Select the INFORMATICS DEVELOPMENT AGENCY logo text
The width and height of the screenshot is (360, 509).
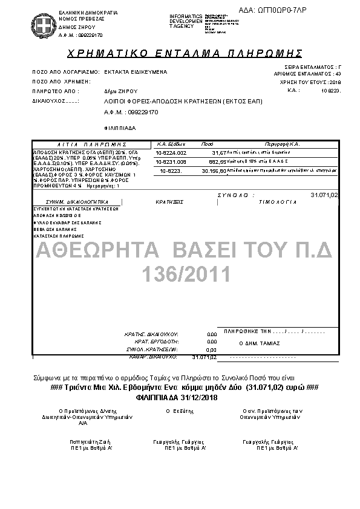(189, 21)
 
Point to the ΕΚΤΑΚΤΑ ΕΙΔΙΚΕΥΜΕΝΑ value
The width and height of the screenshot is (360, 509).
(136, 71)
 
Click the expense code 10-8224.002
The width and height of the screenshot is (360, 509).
(171, 154)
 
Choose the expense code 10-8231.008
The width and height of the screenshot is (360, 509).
(171, 162)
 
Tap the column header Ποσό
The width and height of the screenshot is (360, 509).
(207, 144)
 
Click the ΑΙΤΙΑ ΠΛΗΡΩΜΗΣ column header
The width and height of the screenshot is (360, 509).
(85, 144)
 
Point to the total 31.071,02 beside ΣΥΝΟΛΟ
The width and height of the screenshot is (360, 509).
(324, 195)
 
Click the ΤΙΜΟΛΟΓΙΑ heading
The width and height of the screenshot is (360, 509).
(278, 203)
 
